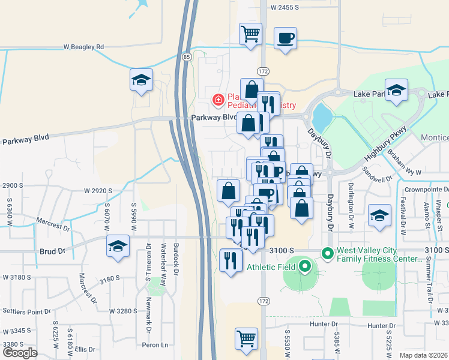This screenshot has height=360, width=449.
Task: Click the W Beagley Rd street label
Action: (83, 46)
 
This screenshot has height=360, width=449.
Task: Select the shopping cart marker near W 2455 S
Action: (250, 34)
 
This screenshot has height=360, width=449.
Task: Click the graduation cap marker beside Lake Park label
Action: (396, 90)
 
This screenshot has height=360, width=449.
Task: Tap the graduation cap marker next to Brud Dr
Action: (118, 245)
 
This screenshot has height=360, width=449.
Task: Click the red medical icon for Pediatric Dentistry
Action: (218, 99)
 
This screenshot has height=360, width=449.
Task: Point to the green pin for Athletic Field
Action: (304, 266)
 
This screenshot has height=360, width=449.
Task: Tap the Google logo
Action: (20, 353)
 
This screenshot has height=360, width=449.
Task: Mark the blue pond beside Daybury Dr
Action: (321, 116)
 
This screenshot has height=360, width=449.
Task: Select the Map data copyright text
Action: (424, 355)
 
